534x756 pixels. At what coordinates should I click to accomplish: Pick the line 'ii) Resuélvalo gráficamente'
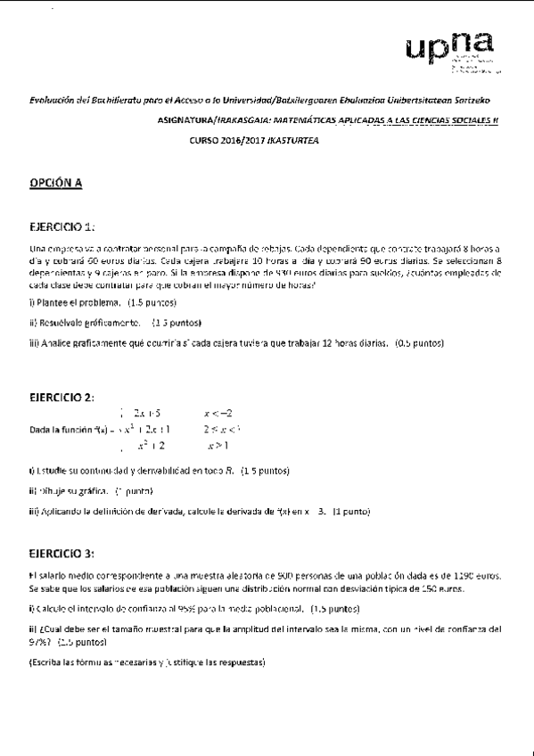[x=86, y=323]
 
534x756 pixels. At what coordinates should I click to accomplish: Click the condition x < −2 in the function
[x=218, y=413]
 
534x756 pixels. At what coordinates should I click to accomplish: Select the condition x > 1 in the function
[x=218, y=445]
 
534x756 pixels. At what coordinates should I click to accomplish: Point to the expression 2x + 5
[x=146, y=413]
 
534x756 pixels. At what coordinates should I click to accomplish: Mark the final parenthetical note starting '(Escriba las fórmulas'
[x=147, y=662]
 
